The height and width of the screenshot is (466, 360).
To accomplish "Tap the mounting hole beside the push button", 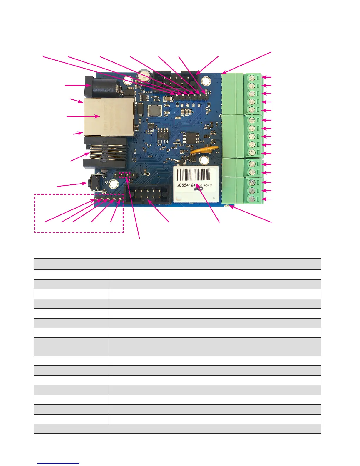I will (x=113, y=184).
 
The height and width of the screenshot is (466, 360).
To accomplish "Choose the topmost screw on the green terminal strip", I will (x=252, y=78).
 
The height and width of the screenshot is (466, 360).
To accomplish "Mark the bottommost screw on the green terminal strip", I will (x=252, y=199).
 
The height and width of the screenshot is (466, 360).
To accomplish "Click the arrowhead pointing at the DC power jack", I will (x=89, y=86).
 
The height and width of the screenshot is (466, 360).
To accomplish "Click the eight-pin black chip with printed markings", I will (x=163, y=135).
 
